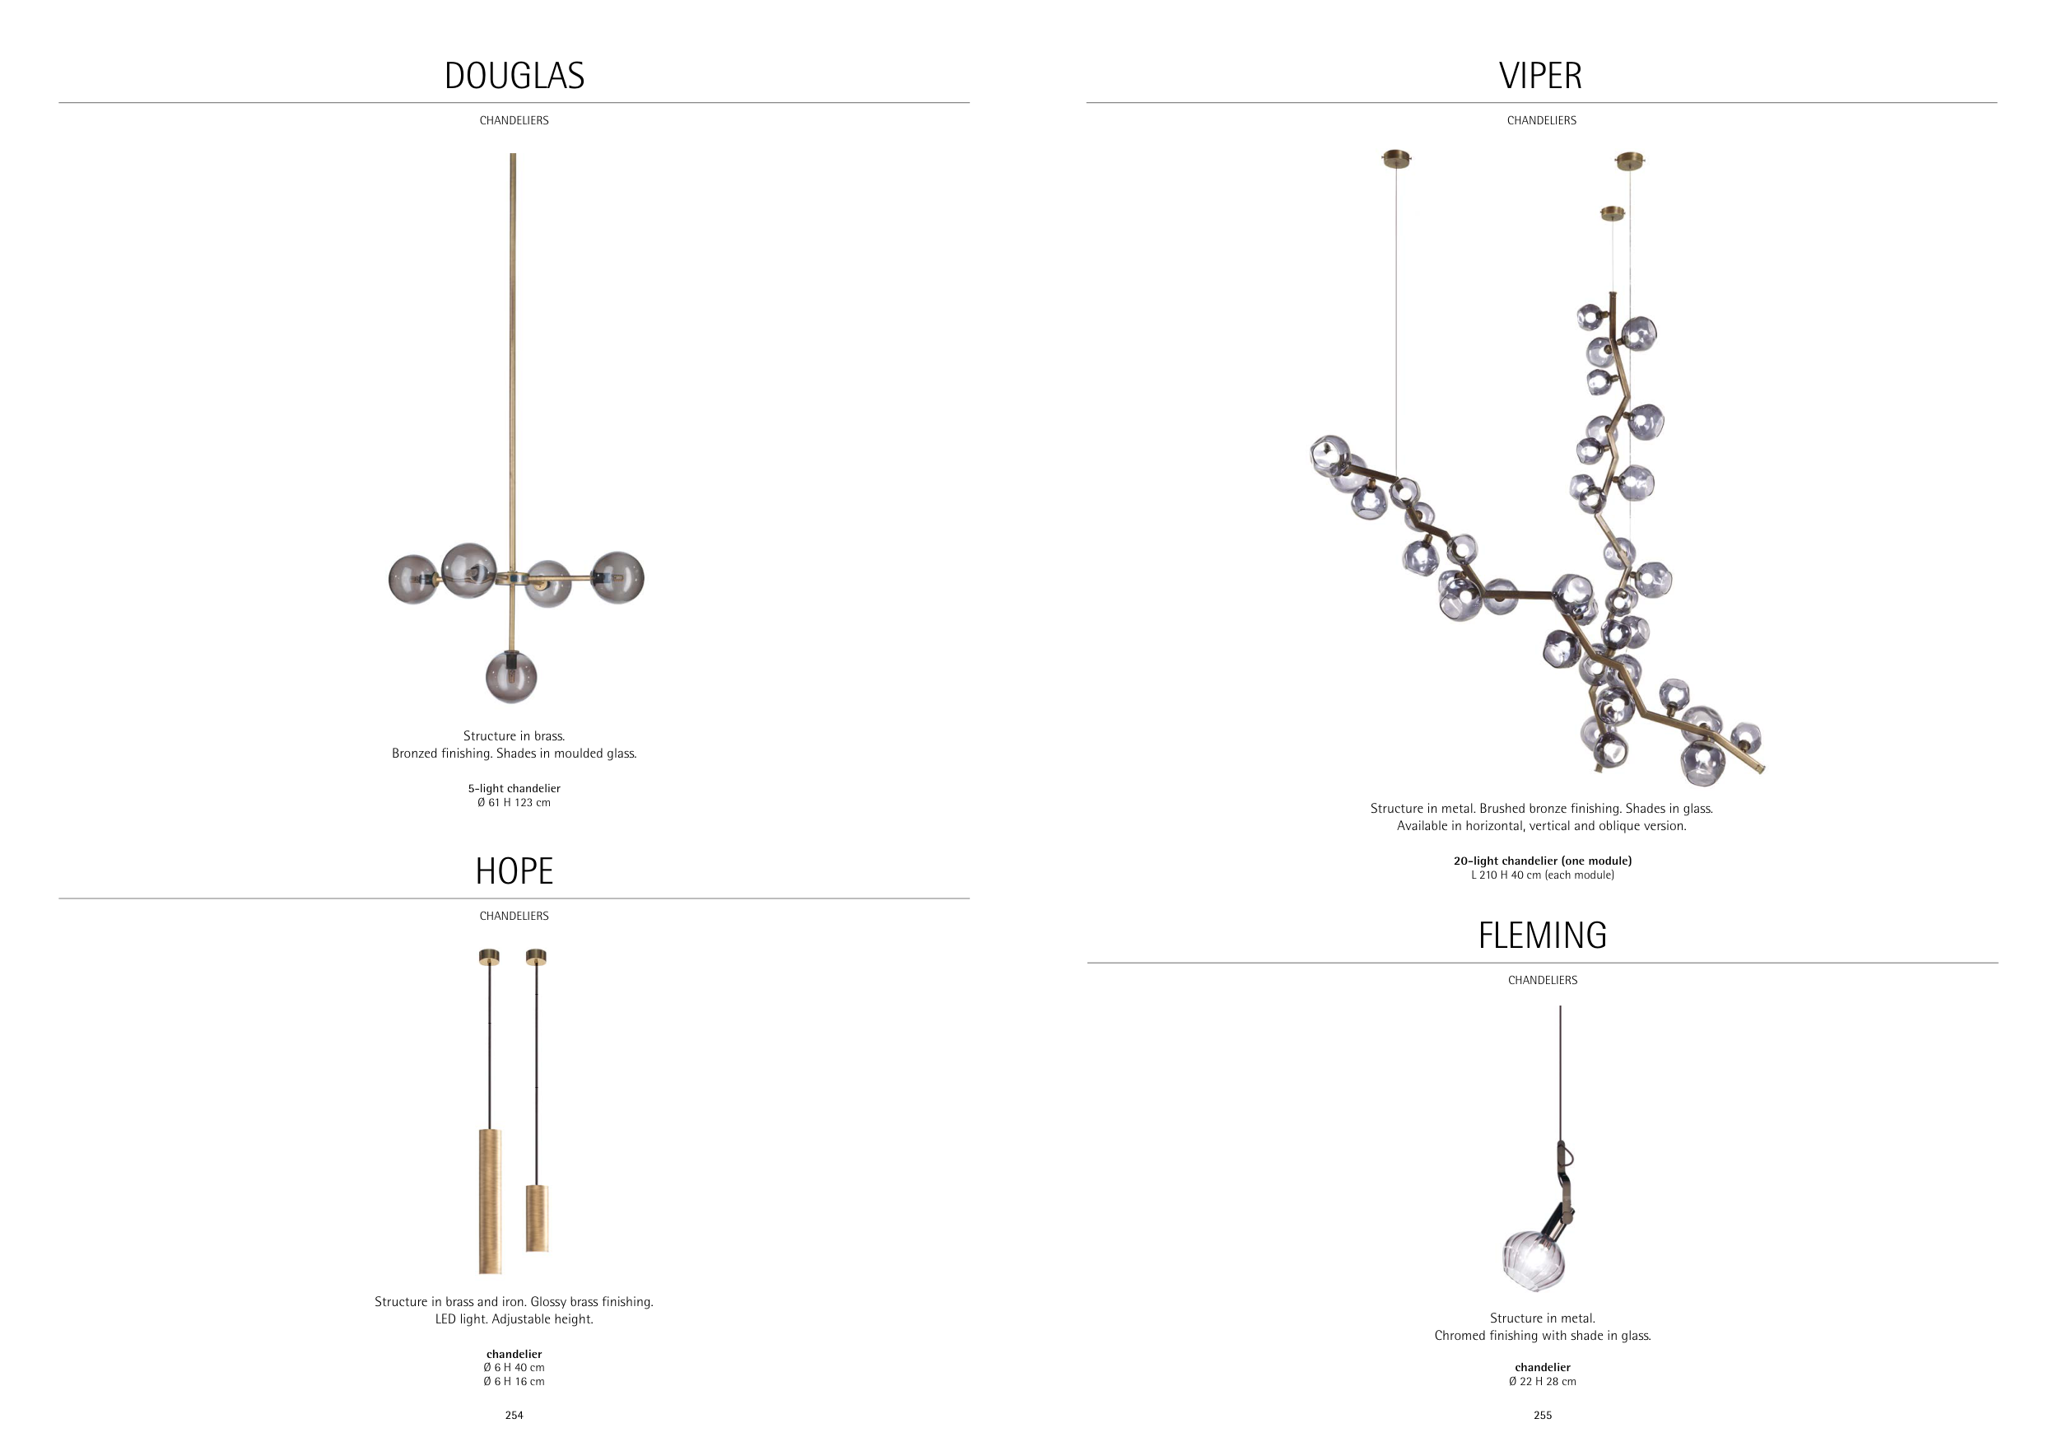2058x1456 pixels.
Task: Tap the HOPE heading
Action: click(514, 871)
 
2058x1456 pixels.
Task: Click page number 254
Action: click(514, 1416)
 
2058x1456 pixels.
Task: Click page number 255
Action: click(1543, 1416)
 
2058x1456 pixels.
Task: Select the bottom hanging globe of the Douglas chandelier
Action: click(512, 677)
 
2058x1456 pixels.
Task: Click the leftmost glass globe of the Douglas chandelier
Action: click(413, 579)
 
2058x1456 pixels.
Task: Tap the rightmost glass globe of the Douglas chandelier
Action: click(617, 577)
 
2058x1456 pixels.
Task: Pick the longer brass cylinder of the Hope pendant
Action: click(491, 1202)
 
